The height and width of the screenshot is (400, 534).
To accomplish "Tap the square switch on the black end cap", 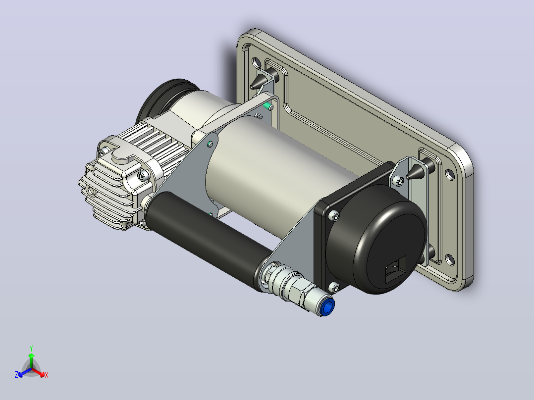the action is (x=396, y=269).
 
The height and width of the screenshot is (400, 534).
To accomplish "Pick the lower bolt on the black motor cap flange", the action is (x=334, y=288).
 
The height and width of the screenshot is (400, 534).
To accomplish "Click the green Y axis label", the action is (x=31, y=348).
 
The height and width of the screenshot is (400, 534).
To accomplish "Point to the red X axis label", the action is (x=47, y=375).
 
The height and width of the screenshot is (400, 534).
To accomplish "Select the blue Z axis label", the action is (x=16, y=375).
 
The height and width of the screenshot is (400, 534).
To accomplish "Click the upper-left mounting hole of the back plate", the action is (x=257, y=62).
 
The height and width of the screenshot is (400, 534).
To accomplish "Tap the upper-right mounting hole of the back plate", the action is (x=450, y=174).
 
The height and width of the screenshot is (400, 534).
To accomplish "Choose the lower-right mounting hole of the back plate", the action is (x=450, y=260).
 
